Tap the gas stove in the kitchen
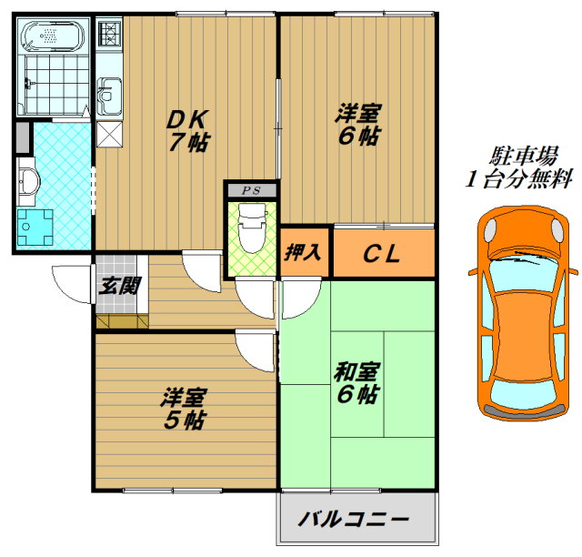point(109,34)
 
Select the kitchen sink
point(109,96)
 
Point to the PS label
point(251,190)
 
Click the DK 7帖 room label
point(188,131)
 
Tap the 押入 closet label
point(303,253)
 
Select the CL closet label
point(382,254)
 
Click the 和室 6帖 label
point(356,383)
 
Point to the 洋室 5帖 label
point(184,409)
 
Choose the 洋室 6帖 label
point(357,124)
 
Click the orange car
point(524,313)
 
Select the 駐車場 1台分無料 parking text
point(519,167)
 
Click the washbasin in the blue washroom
point(29,181)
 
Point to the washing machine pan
point(35,227)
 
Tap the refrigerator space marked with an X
point(109,134)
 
